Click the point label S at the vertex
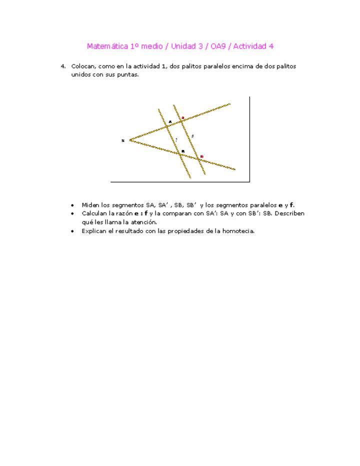coord(122,140)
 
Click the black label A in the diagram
coord(170,121)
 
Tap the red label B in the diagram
coord(201,156)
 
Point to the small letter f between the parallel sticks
coord(193,136)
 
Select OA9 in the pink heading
coord(217,46)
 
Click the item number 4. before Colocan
coord(63,66)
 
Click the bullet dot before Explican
coord(73,231)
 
